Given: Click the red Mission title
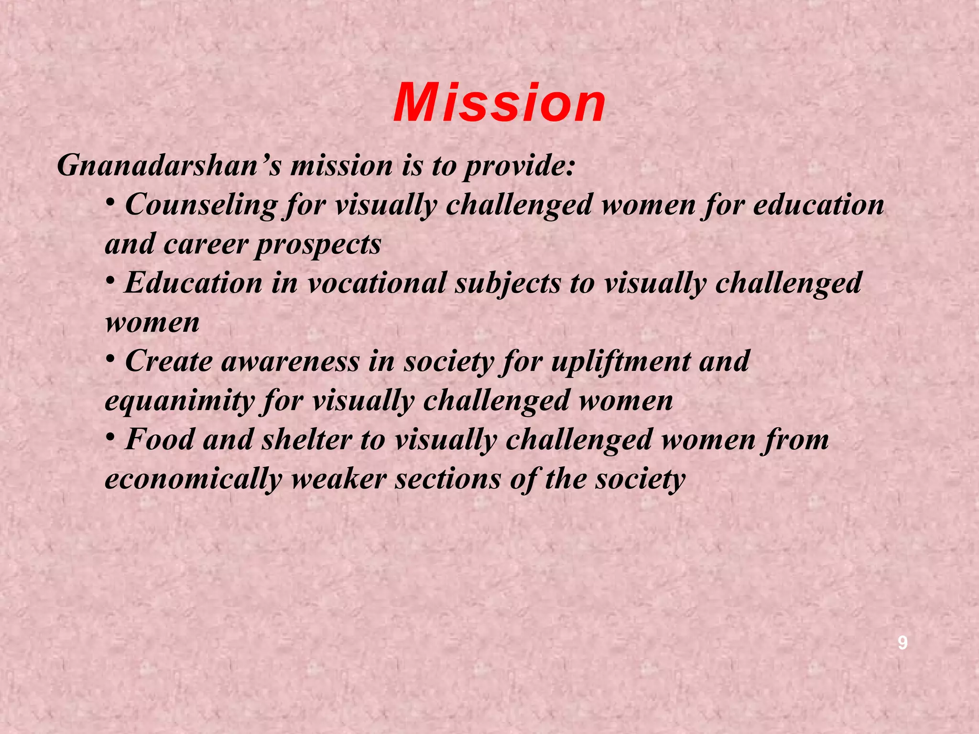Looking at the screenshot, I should [x=500, y=103].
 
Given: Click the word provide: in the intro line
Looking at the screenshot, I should [x=519, y=166].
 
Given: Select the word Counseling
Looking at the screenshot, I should [x=201, y=205].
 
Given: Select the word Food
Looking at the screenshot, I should [x=160, y=440].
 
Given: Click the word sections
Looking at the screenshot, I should [x=447, y=479].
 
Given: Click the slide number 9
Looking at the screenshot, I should [x=902, y=643].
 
